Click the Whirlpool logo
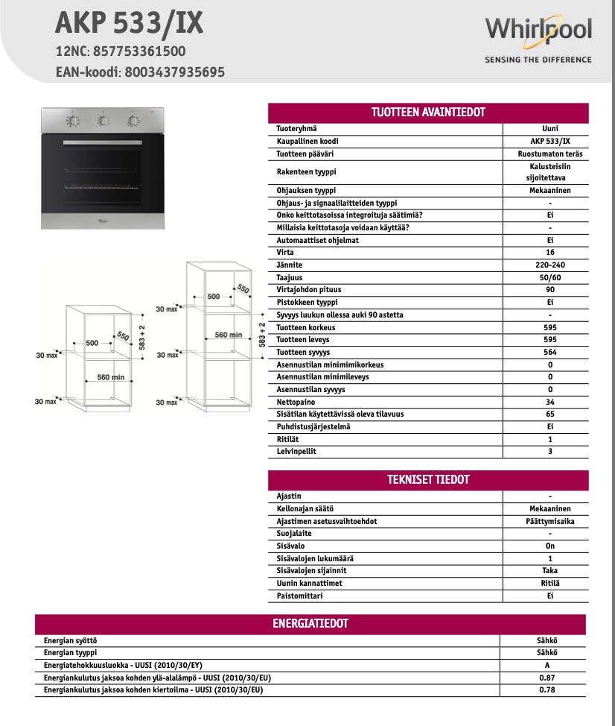(x=538, y=31)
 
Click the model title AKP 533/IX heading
(x=129, y=24)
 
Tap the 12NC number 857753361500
(x=138, y=51)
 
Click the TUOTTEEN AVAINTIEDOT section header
(x=428, y=113)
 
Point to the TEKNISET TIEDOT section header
(x=428, y=479)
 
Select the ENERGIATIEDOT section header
(x=310, y=623)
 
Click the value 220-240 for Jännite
(x=549, y=265)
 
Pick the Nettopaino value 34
(x=549, y=402)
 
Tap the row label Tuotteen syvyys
(x=303, y=352)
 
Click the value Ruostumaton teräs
(x=549, y=154)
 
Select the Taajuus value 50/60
(x=549, y=277)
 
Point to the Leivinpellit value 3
(x=549, y=451)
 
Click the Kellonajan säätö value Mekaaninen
(x=549, y=508)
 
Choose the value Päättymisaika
(x=549, y=521)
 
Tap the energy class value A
(x=548, y=665)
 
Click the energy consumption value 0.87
(x=548, y=678)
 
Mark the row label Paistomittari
(x=299, y=596)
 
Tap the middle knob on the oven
(x=103, y=120)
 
